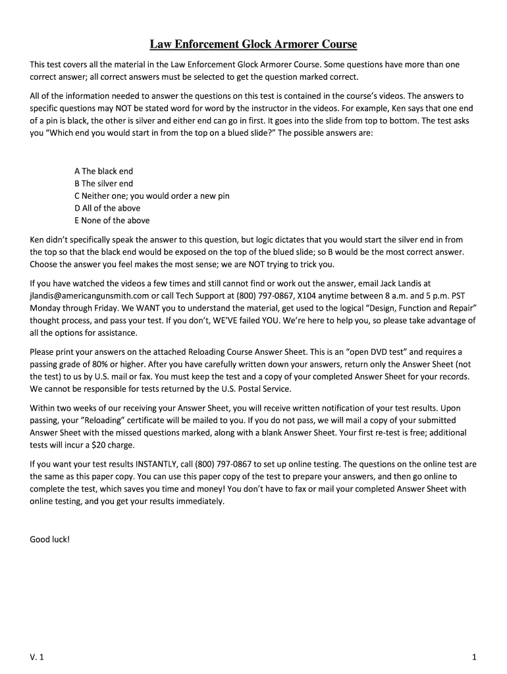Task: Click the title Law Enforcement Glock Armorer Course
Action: pyautogui.click(x=253, y=45)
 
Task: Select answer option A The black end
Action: pyautogui.click(x=104, y=171)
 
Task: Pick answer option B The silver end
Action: pyautogui.click(x=104, y=184)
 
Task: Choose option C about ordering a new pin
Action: pyautogui.click(x=152, y=196)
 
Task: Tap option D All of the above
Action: pyautogui.click(x=107, y=208)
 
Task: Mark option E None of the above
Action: pyautogui.click(x=112, y=220)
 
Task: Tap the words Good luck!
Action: pyautogui.click(x=49, y=539)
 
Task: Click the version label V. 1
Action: pyautogui.click(x=37, y=658)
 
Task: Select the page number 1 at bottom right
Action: pyautogui.click(x=474, y=658)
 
